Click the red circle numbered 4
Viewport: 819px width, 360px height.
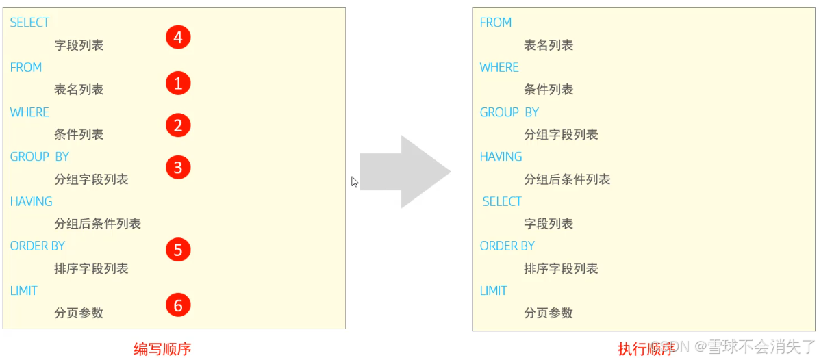coord(178,37)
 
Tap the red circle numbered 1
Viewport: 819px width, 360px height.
coord(178,83)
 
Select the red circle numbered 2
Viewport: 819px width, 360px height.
coord(178,126)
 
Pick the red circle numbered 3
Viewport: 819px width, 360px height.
coord(178,167)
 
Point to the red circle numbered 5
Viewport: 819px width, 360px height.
coord(178,250)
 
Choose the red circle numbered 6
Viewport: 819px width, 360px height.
coord(178,305)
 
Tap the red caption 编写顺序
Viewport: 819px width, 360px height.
coord(162,349)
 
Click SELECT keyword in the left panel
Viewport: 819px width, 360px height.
coord(29,23)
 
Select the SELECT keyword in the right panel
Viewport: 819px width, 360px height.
coord(502,201)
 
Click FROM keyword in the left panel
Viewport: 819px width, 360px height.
coord(26,67)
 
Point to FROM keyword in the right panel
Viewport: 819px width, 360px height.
coord(496,23)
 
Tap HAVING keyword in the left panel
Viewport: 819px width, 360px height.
coord(32,201)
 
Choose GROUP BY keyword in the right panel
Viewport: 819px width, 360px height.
coord(509,112)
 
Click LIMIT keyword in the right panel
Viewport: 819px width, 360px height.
coord(494,291)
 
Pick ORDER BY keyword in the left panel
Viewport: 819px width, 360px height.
coord(38,246)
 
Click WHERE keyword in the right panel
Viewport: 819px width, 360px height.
coord(499,67)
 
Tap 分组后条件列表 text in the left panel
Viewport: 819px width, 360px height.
coord(98,224)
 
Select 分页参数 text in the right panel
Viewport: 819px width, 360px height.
coord(549,313)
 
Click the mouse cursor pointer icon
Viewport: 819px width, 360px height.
coord(355,182)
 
